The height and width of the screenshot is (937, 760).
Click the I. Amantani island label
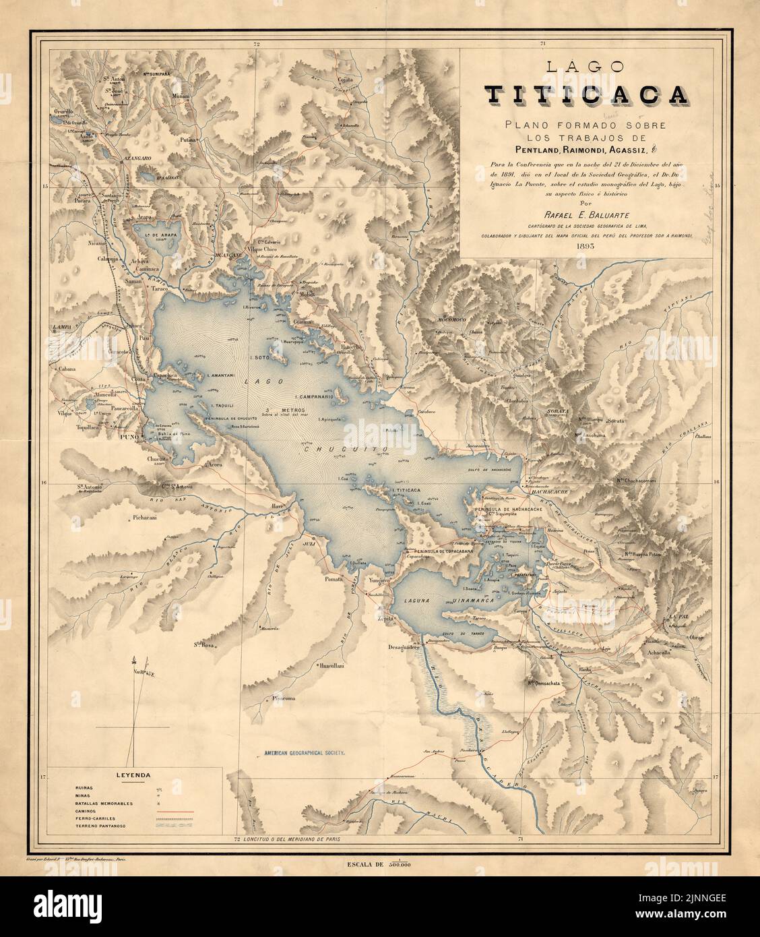221,375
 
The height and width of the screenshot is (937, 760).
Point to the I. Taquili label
222,406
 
